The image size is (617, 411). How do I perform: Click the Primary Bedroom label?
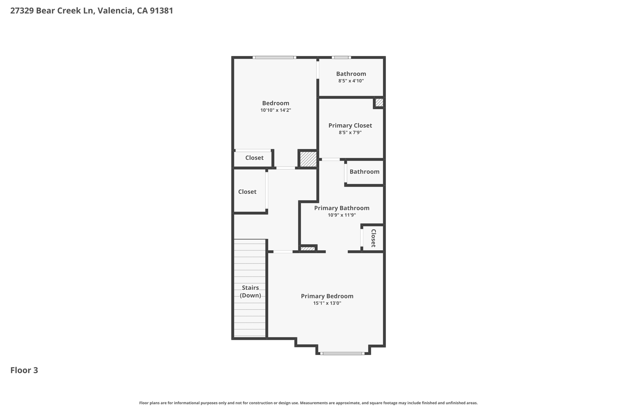(x=327, y=296)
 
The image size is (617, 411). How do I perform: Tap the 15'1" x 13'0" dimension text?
(x=327, y=303)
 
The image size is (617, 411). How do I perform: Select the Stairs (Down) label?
(x=250, y=291)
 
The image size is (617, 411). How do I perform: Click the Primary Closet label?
(x=350, y=126)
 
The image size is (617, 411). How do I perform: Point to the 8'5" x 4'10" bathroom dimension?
(x=351, y=81)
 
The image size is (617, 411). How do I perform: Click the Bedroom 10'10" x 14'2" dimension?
(x=276, y=110)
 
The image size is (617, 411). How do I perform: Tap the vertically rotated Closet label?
(x=373, y=238)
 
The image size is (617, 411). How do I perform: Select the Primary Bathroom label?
(x=342, y=208)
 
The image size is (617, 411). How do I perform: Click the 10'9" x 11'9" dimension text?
(x=342, y=215)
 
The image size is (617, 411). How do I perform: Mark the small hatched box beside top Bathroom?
(x=379, y=102)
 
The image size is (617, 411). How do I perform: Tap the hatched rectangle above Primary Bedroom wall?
(x=308, y=249)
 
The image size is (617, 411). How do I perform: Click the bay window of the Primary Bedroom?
(x=342, y=353)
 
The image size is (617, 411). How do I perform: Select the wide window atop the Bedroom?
(x=274, y=58)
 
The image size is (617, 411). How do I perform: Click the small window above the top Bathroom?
(x=341, y=58)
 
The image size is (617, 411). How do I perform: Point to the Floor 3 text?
(x=24, y=370)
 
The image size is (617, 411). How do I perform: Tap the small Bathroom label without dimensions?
(x=364, y=172)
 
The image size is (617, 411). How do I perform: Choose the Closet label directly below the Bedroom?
(x=254, y=158)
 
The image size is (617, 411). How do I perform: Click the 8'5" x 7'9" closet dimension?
(x=350, y=132)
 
